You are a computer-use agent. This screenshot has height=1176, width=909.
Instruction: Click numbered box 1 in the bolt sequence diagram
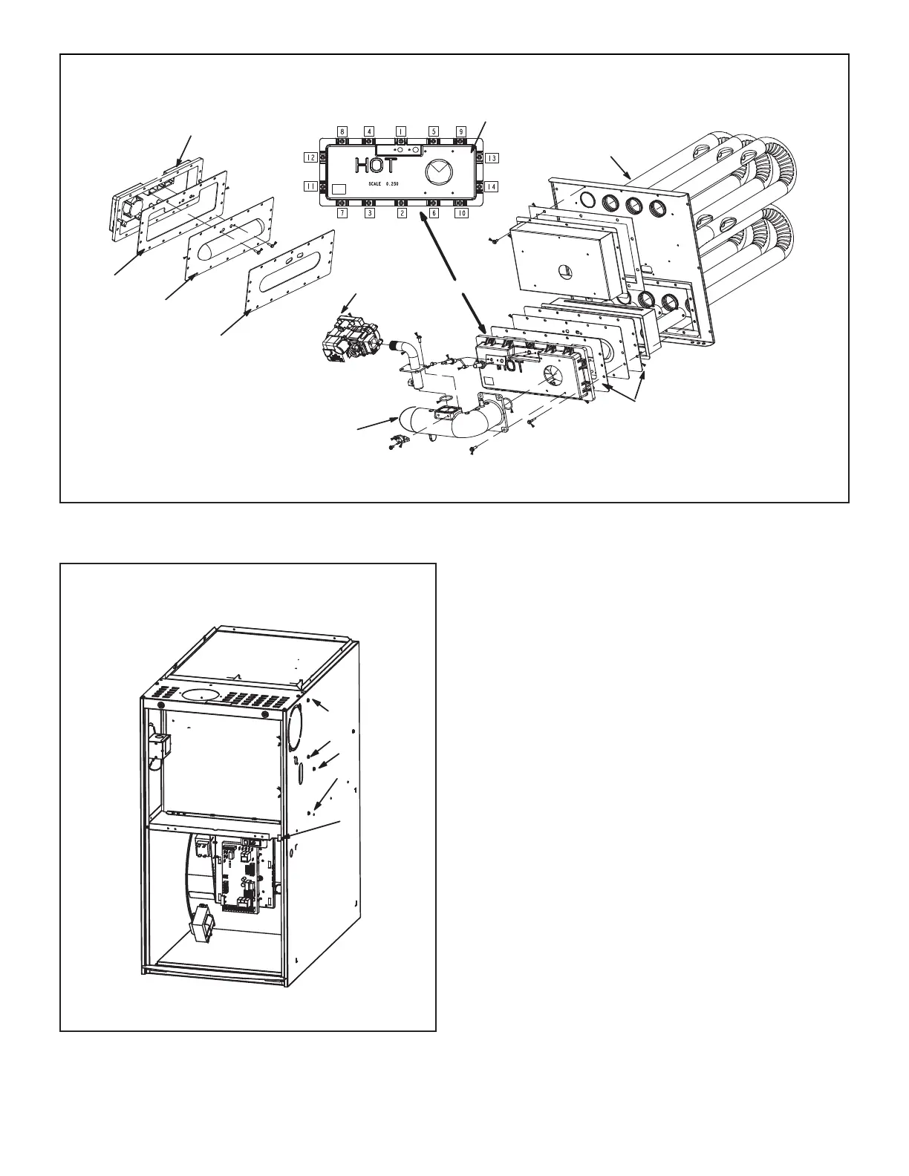click(x=400, y=131)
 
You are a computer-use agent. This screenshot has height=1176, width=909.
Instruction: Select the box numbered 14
click(x=492, y=186)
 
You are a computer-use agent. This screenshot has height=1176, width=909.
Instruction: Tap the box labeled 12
click(x=311, y=157)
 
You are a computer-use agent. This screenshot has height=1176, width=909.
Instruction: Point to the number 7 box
click(x=342, y=213)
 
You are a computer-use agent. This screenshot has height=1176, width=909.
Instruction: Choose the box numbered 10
click(x=461, y=213)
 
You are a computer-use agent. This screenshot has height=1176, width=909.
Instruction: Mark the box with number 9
click(x=460, y=131)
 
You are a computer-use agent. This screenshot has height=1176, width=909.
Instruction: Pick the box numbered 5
click(x=434, y=131)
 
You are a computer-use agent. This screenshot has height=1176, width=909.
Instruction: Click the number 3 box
click(x=369, y=213)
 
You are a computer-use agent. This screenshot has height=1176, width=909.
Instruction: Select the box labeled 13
click(x=492, y=157)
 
